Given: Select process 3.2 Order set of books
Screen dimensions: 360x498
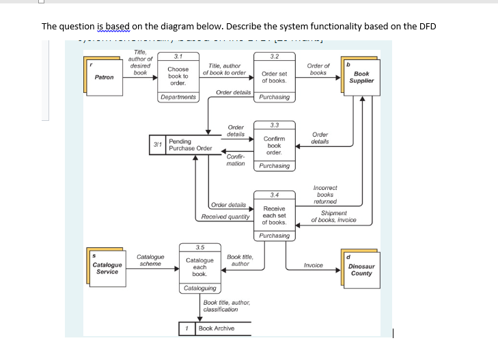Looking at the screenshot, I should click(274, 77).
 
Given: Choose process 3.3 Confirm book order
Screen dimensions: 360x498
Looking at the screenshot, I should click(274, 144).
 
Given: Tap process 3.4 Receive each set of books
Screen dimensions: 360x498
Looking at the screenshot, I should click(274, 214).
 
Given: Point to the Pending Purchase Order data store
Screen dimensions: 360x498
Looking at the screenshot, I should click(190, 146).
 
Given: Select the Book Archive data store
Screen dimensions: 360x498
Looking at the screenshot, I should click(215, 329).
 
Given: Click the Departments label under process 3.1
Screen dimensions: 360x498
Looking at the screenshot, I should click(178, 97).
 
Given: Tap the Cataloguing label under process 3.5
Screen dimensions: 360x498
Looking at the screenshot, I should click(199, 289).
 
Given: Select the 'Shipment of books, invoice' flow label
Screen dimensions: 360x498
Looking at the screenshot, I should click(333, 217).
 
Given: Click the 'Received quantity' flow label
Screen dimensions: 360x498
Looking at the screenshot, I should click(225, 217).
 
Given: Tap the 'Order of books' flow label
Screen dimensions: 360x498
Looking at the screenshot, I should click(318, 69).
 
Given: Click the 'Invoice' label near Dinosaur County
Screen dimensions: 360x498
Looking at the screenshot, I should click(313, 264).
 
